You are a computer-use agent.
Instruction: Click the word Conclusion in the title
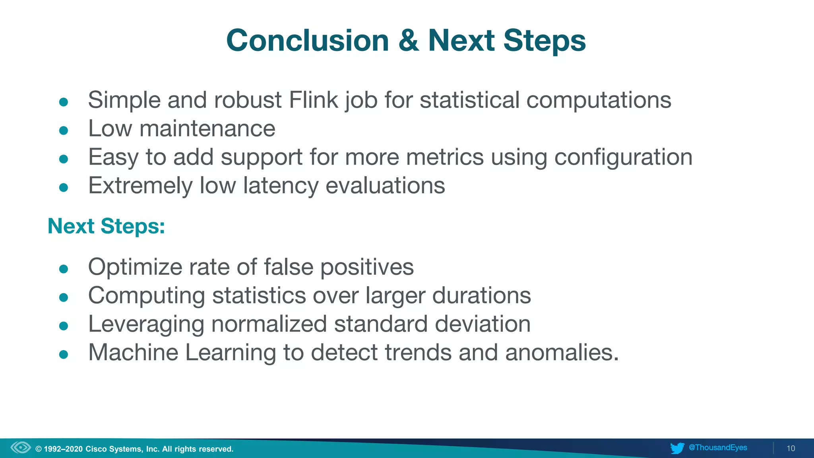click(307, 41)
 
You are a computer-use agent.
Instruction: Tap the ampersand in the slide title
click(409, 41)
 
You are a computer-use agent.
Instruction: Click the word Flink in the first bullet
click(313, 100)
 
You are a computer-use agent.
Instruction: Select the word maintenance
click(207, 128)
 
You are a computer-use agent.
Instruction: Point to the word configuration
click(623, 157)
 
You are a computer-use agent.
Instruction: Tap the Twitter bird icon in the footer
click(677, 448)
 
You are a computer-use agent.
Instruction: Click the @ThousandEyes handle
click(718, 448)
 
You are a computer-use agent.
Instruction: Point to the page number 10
click(791, 448)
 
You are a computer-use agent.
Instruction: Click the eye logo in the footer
click(21, 448)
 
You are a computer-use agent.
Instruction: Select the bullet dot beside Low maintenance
click(64, 130)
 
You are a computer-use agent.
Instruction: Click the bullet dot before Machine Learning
click(64, 354)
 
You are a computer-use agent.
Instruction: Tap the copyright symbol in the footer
click(39, 449)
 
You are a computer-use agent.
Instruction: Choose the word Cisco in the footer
click(96, 449)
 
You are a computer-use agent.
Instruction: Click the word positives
click(367, 267)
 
